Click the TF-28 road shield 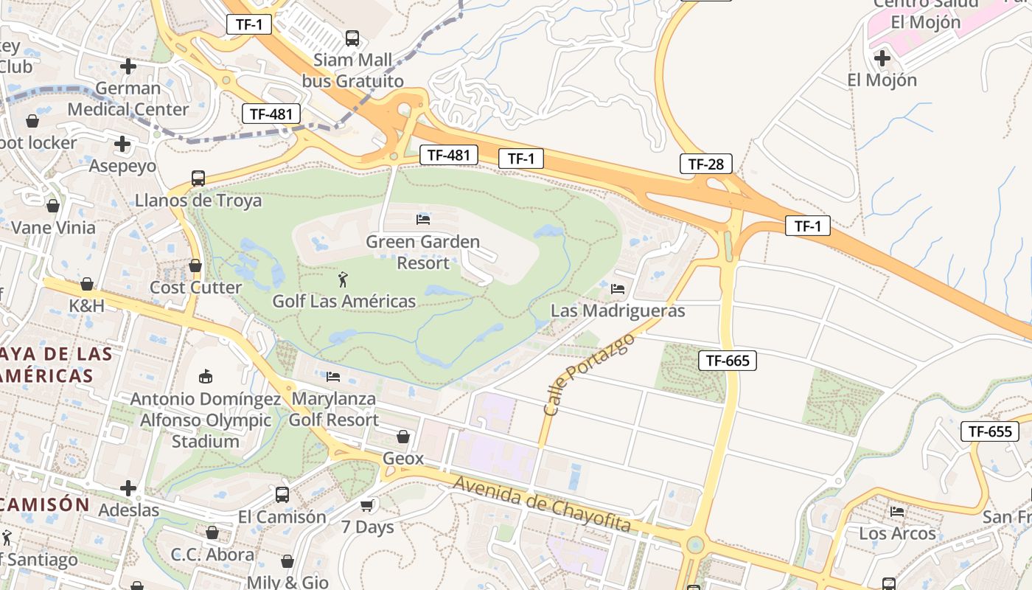click(x=706, y=164)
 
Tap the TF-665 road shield click(x=728, y=360)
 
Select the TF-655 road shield click(x=989, y=431)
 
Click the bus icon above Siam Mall click(x=352, y=38)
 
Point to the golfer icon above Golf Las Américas click(x=343, y=280)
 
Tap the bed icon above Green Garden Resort click(x=423, y=219)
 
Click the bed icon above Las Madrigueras click(x=618, y=288)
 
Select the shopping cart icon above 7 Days click(x=366, y=505)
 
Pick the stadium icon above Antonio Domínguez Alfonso click(x=206, y=377)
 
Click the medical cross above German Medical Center click(x=128, y=66)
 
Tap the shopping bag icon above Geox click(x=403, y=437)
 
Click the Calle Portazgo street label click(x=579, y=374)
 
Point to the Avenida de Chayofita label click(x=543, y=504)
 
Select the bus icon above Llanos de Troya click(x=198, y=178)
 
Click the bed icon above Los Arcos click(x=897, y=511)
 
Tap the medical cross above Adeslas click(x=128, y=488)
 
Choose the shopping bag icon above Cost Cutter click(x=195, y=265)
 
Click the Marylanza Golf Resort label click(x=333, y=409)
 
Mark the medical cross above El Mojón click(x=882, y=58)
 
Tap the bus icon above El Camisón click(x=282, y=495)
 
